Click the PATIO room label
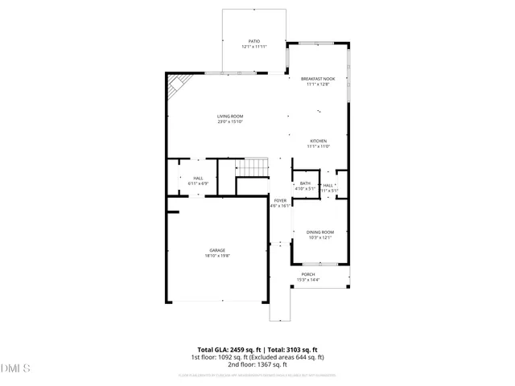pos(253,40)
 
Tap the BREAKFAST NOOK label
pos(318,79)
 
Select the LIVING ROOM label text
pos(229,117)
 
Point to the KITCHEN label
pos(318,141)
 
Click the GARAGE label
pos(218,250)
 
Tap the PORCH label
pos(308,274)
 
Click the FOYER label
pos(279,200)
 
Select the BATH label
pos(305,183)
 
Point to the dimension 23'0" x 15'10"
pos(229,122)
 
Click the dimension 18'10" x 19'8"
pos(218,256)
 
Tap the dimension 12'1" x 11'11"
pos(253,47)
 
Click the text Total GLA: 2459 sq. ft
pos(219,350)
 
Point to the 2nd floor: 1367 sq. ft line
pos(257,364)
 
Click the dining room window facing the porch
pos(319,263)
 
